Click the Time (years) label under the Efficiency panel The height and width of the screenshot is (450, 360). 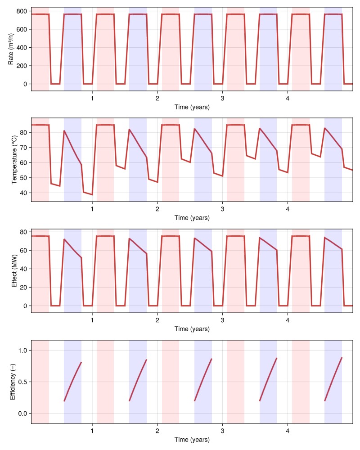(x=192, y=440)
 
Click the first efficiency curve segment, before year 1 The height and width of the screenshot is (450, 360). (x=72, y=381)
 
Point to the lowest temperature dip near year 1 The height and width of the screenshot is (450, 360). (x=92, y=194)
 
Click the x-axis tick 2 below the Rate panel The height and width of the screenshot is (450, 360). (x=157, y=98)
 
